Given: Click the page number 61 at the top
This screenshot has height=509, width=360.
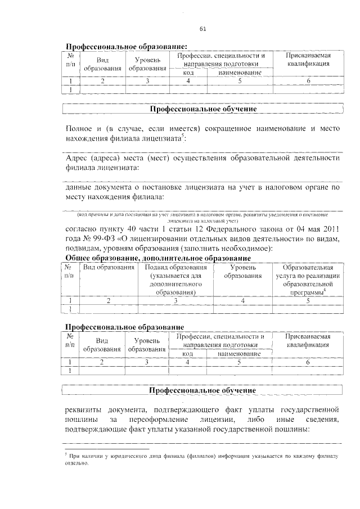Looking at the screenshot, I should pos(203,29).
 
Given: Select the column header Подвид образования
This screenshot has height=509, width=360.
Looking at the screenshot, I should pos(175,268).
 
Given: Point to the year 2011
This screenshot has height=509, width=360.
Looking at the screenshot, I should pos(330,229).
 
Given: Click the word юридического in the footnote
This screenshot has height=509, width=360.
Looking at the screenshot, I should pos(122,456).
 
